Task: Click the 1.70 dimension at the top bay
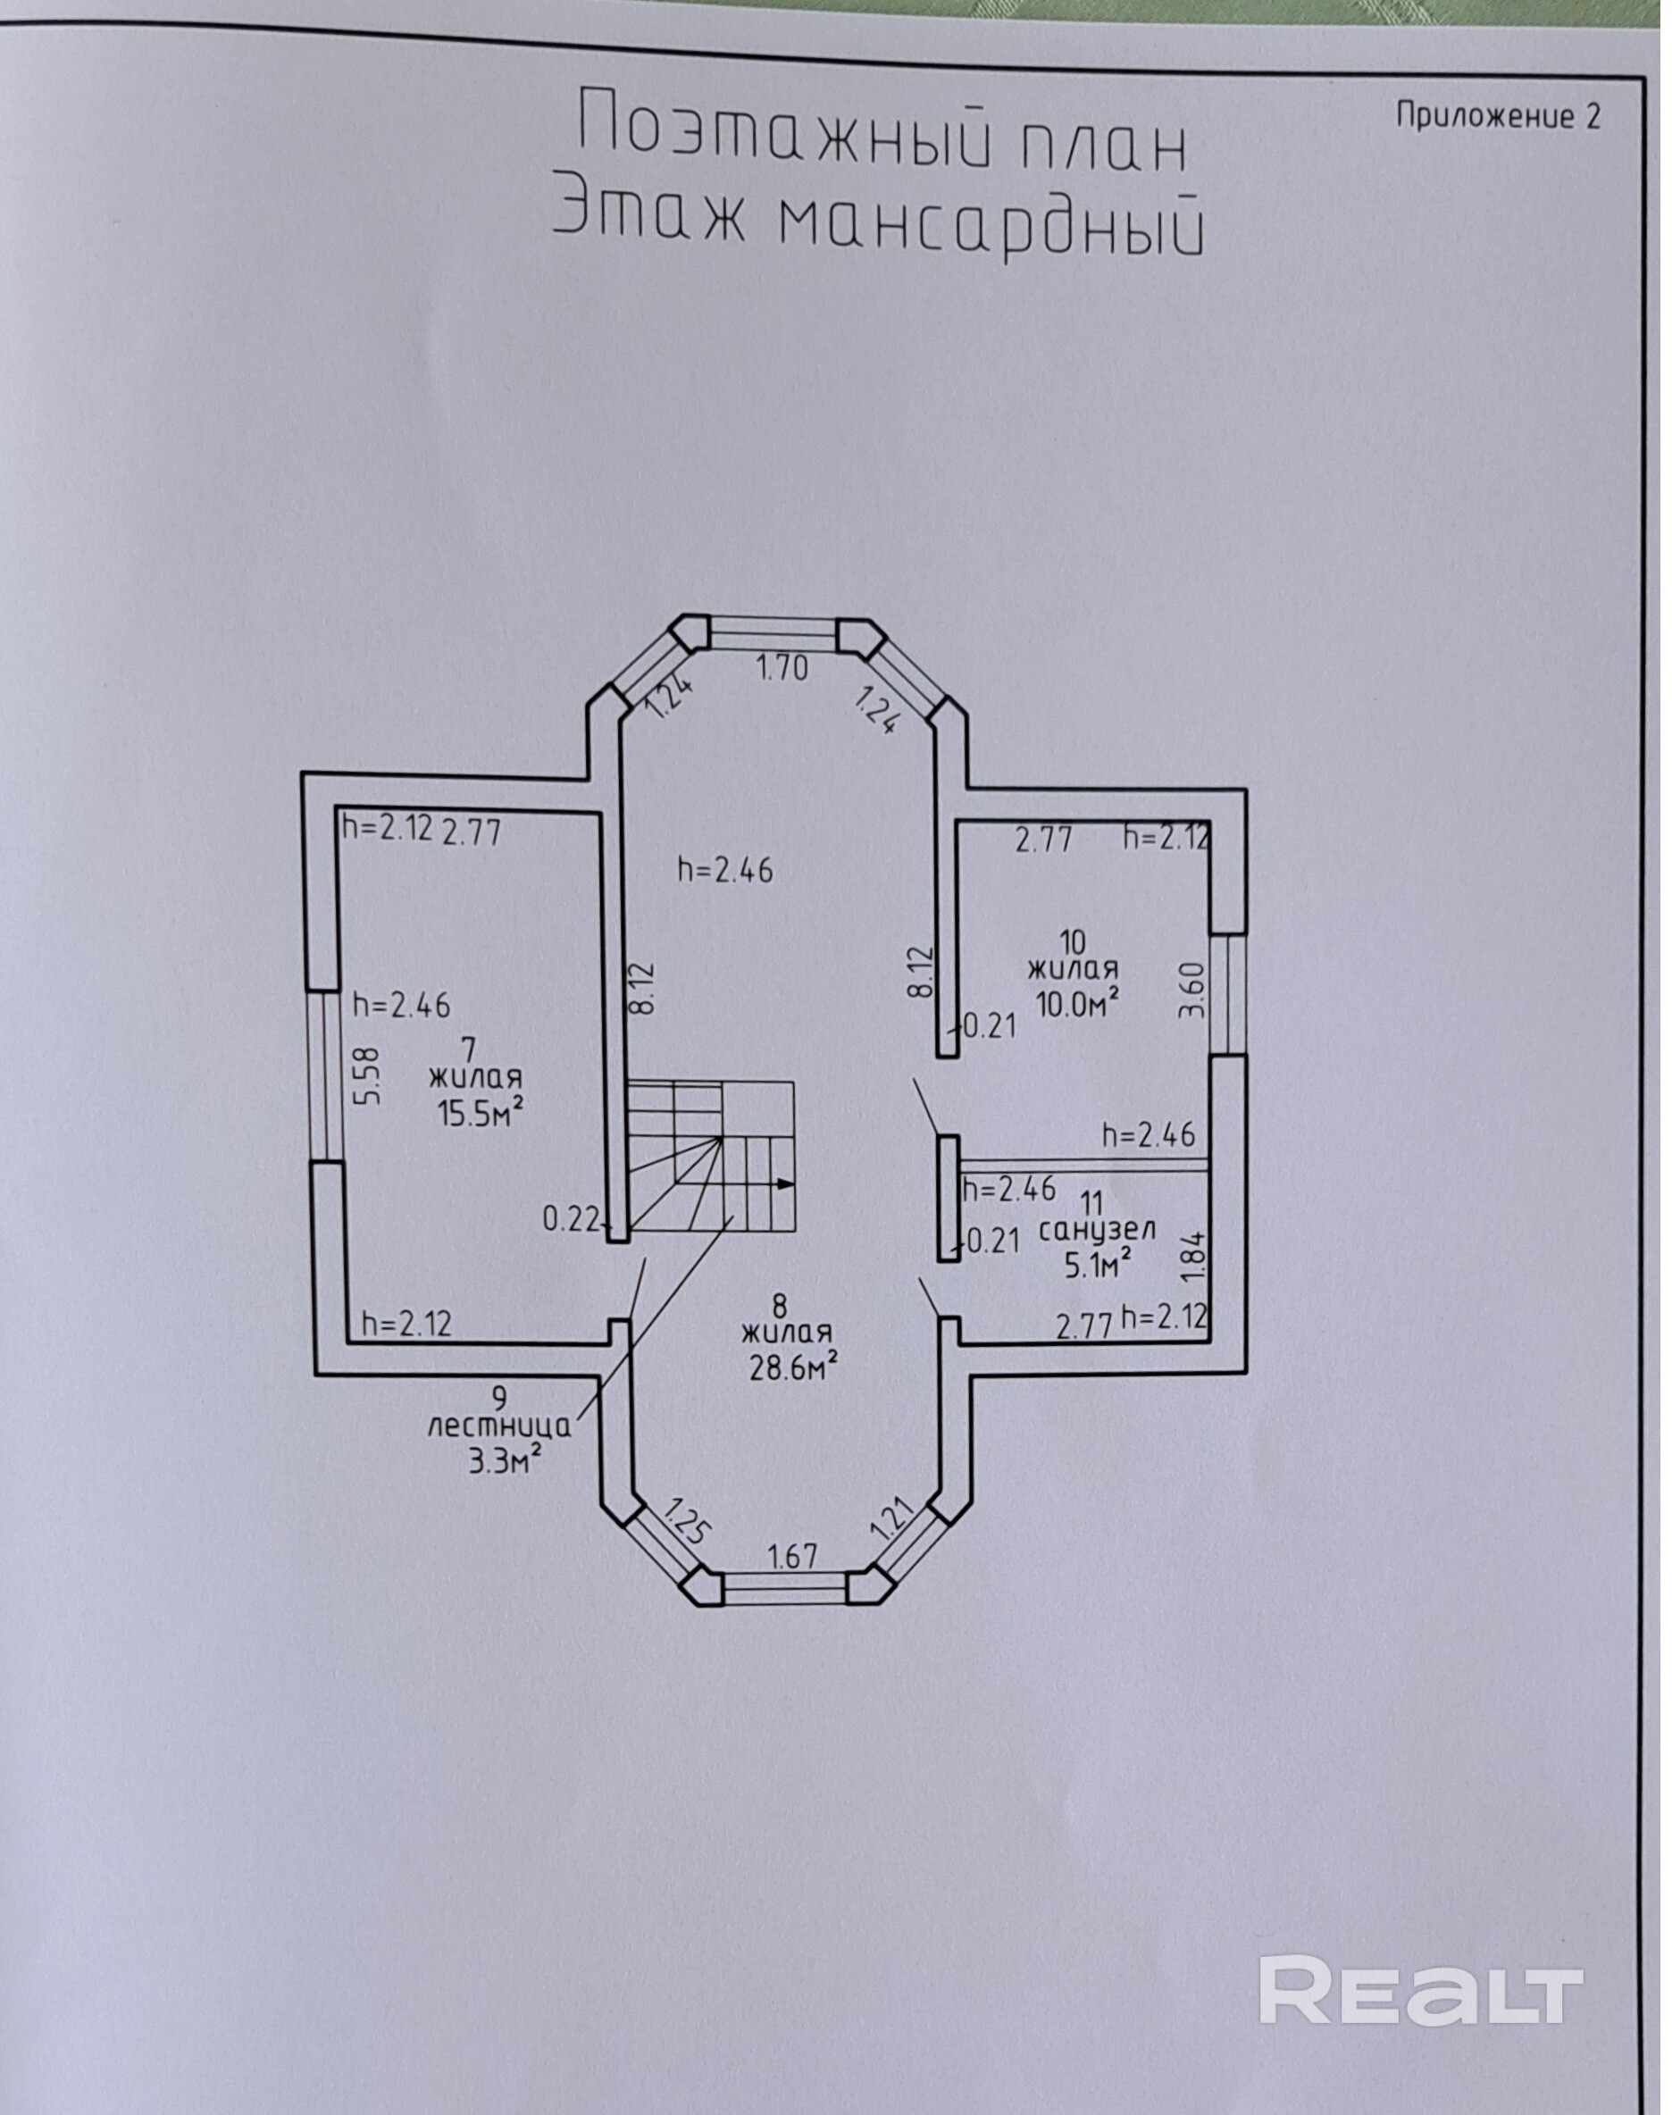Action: [782, 670]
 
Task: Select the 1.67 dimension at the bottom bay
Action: [792, 1557]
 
